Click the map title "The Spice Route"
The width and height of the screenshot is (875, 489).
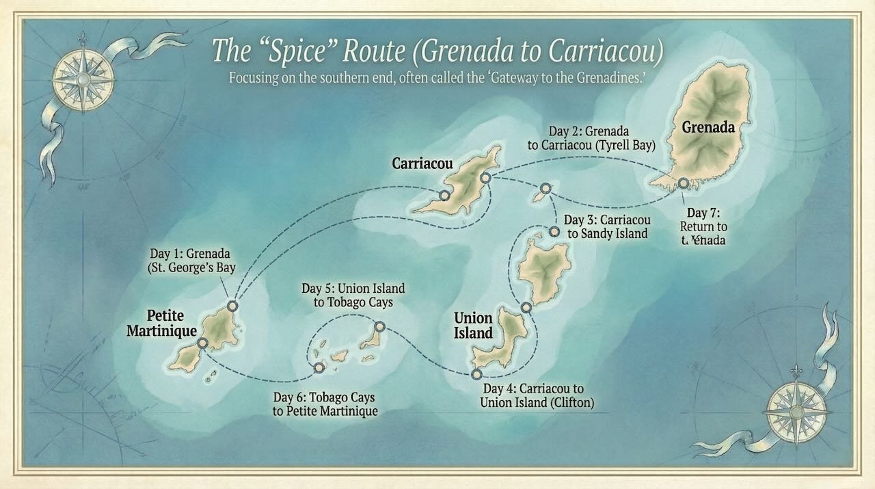(x=437, y=50)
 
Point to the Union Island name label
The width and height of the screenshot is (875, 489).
(x=473, y=326)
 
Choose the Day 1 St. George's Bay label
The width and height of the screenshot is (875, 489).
(x=191, y=261)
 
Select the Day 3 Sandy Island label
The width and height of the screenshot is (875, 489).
(x=606, y=227)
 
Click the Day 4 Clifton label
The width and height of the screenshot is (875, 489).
(x=537, y=395)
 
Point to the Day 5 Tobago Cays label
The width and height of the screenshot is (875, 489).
(x=353, y=295)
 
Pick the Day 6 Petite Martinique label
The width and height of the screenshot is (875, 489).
(x=325, y=404)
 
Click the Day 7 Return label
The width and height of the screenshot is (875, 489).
(x=703, y=226)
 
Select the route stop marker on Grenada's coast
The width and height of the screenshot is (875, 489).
(x=683, y=183)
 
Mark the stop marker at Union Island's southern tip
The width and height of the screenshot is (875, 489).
(x=476, y=374)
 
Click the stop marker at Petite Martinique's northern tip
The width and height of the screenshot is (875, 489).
(x=232, y=306)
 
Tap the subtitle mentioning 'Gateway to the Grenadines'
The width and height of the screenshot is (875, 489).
(x=437, y=77)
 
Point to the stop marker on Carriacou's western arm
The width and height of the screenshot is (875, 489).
(x=444, y=196)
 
